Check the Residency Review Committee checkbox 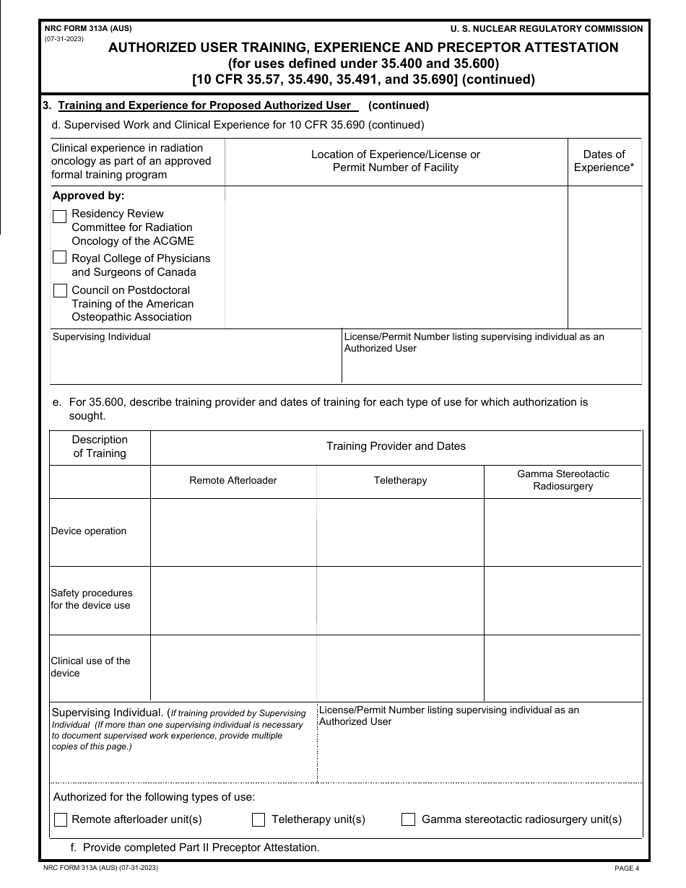tap(60, 216)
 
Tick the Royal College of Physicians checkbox tap(60, 258)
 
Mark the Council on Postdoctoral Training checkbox tap(60, 290)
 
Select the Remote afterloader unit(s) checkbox tap(61, 819)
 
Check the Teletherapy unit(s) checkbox tap(259, 819)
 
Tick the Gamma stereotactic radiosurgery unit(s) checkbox tap(409, 819)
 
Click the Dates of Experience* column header tap(604, 161)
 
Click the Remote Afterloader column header tap(233, 480)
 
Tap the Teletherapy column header tap(400, 480)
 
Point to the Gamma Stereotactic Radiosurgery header tap(563, 480)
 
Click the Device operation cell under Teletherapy tap(400, 532)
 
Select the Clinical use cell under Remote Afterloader tap(233, 668)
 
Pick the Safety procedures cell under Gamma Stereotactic tap(563, 600)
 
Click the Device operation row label tap(89, 531)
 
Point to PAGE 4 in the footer tap(627, 869)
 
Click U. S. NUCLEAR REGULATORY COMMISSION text tap(546, 29)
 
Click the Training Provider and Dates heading tap(396, 446)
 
